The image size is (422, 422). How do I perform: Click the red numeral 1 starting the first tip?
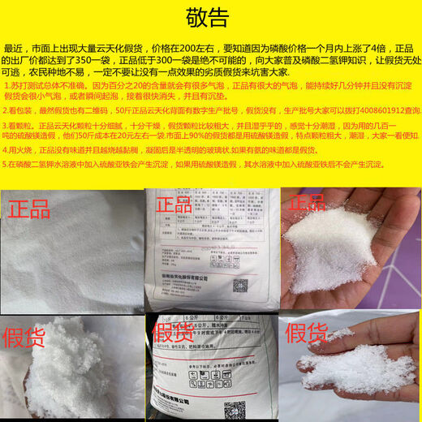pyautogui.click(x=6, y=84)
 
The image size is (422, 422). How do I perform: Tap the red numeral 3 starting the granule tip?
pyautogui.click(x=6, y=126)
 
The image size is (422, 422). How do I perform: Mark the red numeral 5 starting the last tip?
pyautogui.click(x=6, y=163)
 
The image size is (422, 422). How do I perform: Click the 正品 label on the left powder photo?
pyautogui.click(x=34, y=209)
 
